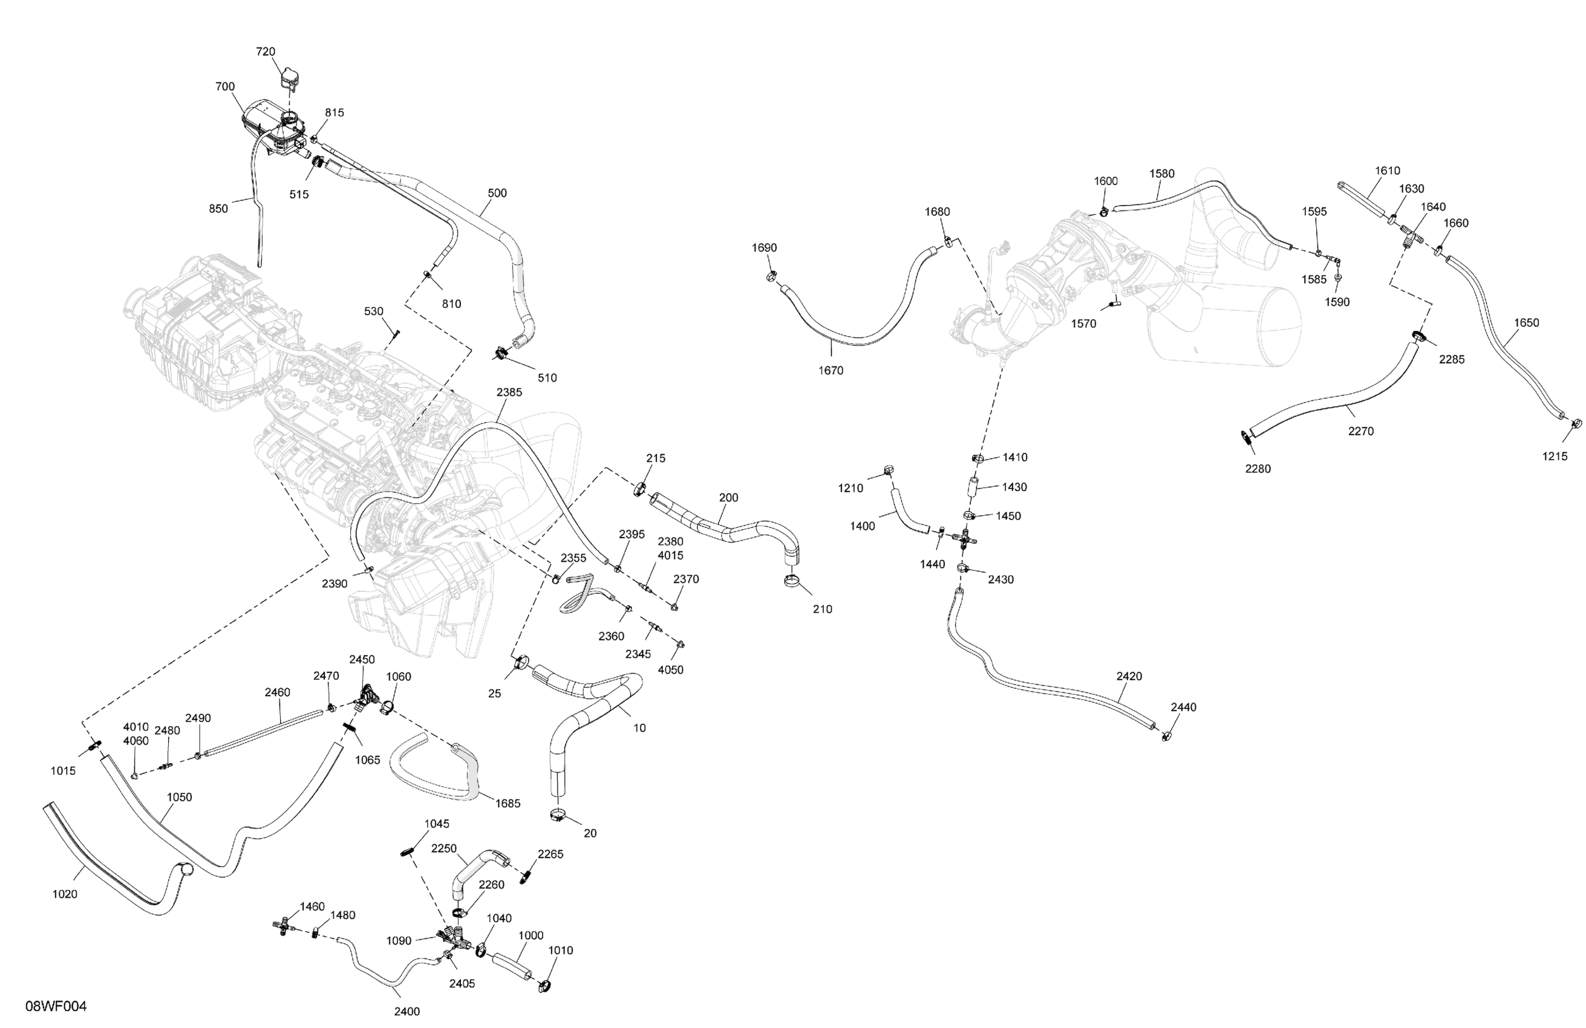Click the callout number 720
pyautogui.click(x=265, y=52)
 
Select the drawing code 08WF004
pyautogui.click(x=56, y=1006)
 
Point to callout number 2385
pyautogui.click(x=509, y=392)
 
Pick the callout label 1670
pyautogui.click(x=831, y=371)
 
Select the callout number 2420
pyautogui.click(x=1129, y=676)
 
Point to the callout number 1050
pyautogui.click(x=179, y=797)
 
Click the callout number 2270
pyautogui.click(x=1360, y=431)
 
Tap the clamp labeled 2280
pyautogui.click(x=1245, y=437)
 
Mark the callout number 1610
pyautogui.click(x=1388, y=171)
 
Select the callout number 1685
pyautogui.click(x=507, y=804)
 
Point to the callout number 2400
pyautogui.click(x=406, y=1011)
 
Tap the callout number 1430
pyautogui.click(x=1014, y=487)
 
